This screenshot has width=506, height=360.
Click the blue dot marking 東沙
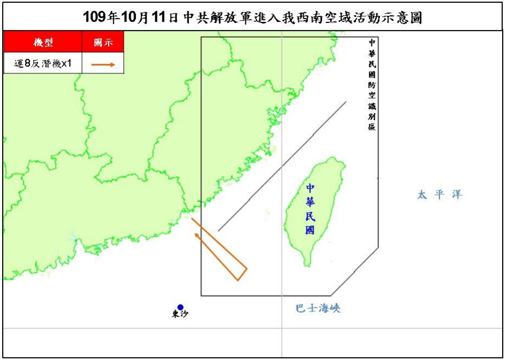180,307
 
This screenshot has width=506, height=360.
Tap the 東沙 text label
179,315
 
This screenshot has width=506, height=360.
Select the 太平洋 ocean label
439,195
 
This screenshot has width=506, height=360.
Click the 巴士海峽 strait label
318,309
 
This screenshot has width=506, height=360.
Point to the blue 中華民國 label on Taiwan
310,209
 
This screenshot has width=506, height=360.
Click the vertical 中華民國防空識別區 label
372,84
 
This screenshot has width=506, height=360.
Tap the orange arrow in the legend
103,64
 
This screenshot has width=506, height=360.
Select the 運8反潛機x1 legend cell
43,63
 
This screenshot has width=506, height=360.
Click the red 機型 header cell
43,42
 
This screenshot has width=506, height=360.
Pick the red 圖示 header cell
103,42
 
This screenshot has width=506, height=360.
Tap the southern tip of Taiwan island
308,265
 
